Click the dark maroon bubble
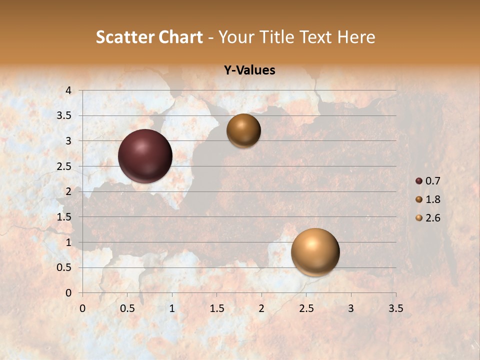tap(145, 156)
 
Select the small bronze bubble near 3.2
tap(243, 130)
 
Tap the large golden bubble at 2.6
tap(315, 252)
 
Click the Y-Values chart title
tap(249, 70)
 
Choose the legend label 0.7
tap(432, 181)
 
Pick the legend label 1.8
tap(432, 199)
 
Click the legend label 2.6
tap(432, 218)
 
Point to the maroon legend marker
tap(419, 181)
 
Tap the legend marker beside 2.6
tap(419, 218)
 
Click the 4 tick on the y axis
tap(69, 90)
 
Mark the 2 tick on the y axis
tap(69, 191)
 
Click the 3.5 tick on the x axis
tap(395, 308)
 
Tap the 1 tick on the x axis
tap(172, 308)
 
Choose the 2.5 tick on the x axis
tap(306, 308)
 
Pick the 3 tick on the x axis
tap(351, 308)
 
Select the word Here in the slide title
tap(355, 37)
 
